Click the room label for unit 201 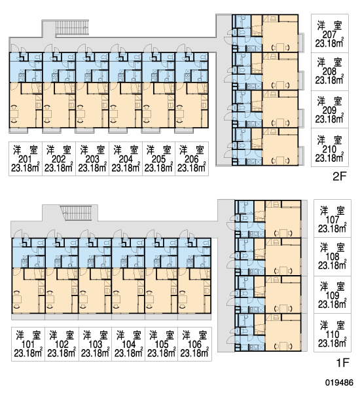26,159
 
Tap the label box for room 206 192,159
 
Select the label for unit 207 330,33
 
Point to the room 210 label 330,147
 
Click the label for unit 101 28,344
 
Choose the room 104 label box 128,344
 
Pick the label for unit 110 333,333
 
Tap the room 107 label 333,219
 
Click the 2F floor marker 340,177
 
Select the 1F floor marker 342,362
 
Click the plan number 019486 340,383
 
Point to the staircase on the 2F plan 72,28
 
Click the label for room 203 92,159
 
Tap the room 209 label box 330,109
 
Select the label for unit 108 333,257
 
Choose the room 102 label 62,344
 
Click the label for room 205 159,159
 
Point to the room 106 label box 194,344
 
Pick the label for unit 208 330,71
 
